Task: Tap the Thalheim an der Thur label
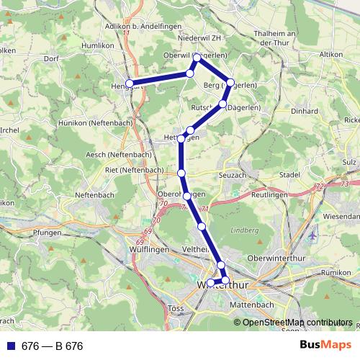click(271, 38)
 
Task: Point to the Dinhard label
click(305, 111)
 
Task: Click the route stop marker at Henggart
click(129, 84)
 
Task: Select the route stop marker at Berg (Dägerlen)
click(230, 84)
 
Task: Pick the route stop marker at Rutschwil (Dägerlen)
click(222, 105)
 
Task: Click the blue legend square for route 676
click(11, 346)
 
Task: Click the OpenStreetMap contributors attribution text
click(298, 323)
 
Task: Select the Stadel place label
click(289, 174)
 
